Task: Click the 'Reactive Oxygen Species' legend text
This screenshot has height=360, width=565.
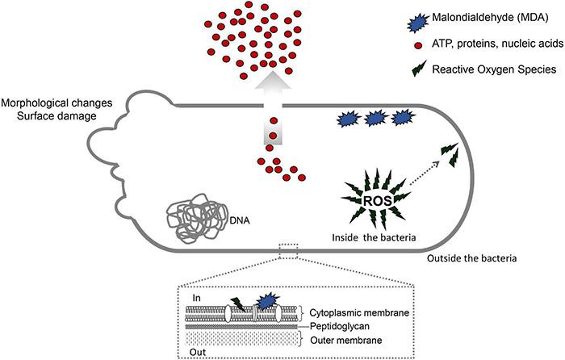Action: pos(492,70)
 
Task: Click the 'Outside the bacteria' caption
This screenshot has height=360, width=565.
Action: pos(471,258)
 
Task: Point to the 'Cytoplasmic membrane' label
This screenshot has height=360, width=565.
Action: pos(354,312)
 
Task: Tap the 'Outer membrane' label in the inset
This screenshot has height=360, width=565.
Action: pos(340,339)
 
